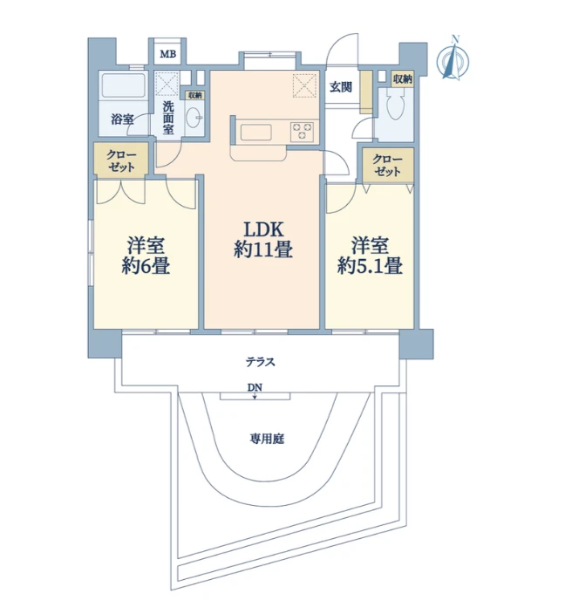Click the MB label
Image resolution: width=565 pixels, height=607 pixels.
(168, 54)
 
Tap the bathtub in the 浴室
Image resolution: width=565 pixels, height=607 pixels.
(123, 85)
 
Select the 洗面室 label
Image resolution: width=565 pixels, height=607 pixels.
(168, 117)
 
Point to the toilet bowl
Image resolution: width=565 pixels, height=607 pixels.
(396, 104)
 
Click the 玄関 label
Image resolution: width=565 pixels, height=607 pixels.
(341, 87)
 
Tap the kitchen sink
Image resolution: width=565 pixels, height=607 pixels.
(255, 132)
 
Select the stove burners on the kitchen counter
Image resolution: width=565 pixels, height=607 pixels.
(302, 131)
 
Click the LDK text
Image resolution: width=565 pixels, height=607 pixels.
(263, 229)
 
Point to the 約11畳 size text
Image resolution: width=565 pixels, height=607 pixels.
(263, 249)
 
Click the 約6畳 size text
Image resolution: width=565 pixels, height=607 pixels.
(146, 266)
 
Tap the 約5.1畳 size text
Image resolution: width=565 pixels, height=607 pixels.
(370, 266)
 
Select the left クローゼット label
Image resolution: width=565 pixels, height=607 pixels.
(121, 161)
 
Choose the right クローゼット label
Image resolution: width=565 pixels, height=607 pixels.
(387, 165)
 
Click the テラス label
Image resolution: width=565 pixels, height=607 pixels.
(261, 362)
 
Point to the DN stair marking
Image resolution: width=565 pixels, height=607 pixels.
(255, 387)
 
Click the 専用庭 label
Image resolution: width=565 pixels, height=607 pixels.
(267, 439)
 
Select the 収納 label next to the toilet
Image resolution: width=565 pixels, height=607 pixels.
(403, 79)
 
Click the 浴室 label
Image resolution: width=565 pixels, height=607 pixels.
(122, 119)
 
